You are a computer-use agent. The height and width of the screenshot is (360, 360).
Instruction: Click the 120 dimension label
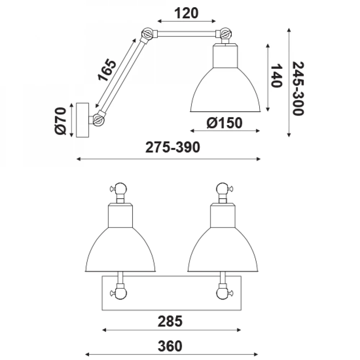[186, 13]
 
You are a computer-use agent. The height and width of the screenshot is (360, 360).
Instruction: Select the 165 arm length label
[107, 70]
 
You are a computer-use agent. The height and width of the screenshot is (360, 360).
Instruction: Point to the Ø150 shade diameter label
[224, 123]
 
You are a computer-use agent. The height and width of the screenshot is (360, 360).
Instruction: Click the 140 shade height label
[276, 76]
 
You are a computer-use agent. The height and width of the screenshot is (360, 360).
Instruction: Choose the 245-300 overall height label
[298, 89]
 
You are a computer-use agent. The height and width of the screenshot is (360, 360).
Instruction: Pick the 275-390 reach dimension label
[173, 147]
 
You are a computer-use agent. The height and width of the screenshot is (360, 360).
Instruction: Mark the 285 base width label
[170, 321]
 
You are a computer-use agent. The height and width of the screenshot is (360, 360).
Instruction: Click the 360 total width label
[170, 346]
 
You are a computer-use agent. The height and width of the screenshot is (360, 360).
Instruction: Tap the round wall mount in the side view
[82, 120]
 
